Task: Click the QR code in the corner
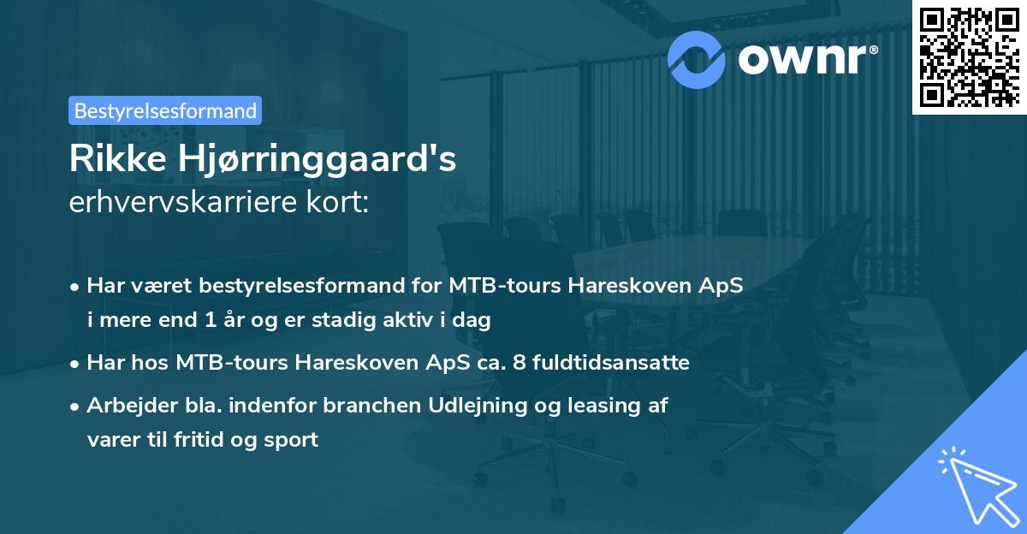tap(969, 56)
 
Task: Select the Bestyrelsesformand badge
tap(165, 110)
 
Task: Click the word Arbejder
tap(127, 406)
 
